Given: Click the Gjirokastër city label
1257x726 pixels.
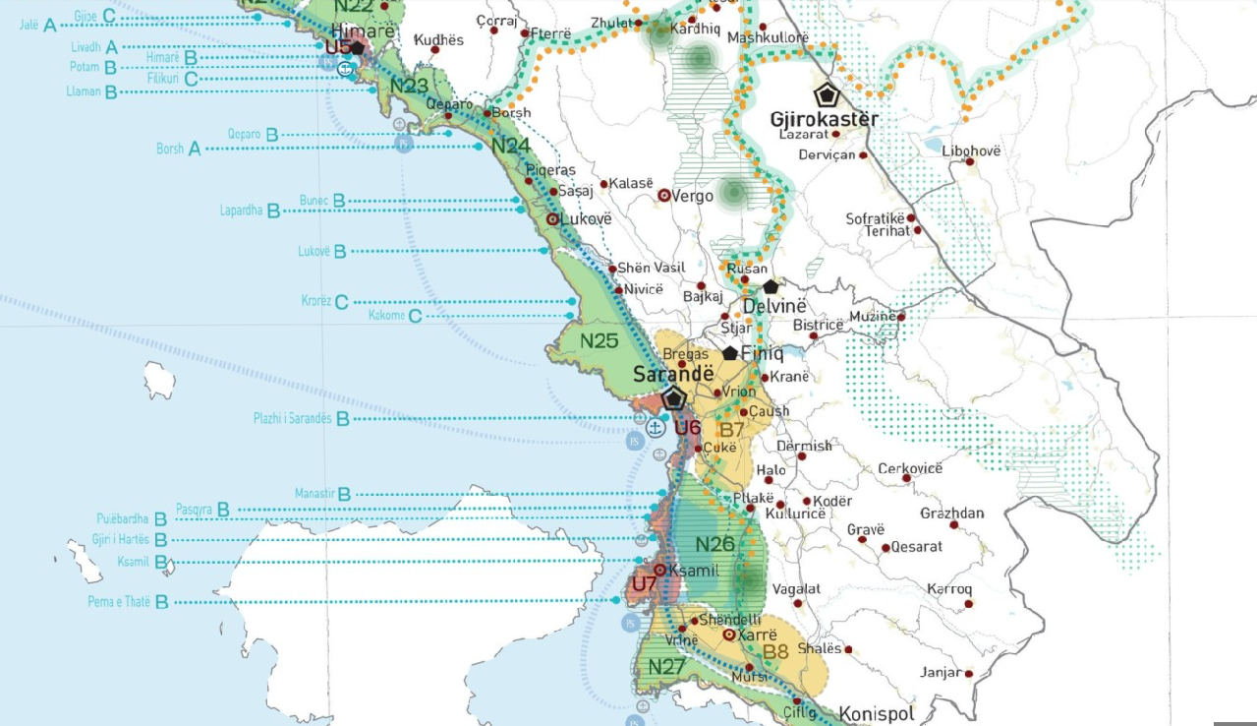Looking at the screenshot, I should [x=824, y=119].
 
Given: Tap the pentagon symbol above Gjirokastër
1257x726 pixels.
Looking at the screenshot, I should [x=828, y=95].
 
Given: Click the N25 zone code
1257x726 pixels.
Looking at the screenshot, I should [x=599, y=341].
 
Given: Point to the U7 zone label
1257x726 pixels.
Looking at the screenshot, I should [x=645, y=584].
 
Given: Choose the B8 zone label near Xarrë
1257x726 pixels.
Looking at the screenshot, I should [x=776, y=651].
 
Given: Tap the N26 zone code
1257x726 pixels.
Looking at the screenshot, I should [x=715, y=544].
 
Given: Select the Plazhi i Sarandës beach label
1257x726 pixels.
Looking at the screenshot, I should [x=292, y=418].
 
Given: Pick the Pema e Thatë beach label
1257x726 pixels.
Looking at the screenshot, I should [x=119, y=602].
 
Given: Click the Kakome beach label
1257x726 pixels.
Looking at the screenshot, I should [x=387, y=316].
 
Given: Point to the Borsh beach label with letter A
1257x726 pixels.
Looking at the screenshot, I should [x=170, y=149].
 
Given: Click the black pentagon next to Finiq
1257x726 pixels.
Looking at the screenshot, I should [x=730, y=353].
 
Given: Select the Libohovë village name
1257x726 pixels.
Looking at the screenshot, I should [x=971, y=151].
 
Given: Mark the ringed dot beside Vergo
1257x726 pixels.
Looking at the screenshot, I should [x=664, y=196].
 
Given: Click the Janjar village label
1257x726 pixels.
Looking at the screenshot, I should [x=940, y=673].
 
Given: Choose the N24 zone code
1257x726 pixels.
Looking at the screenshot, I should [x=511, y=147].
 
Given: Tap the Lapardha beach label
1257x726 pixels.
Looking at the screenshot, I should [x=242, y=210].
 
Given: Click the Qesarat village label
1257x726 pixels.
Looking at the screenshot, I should [x=916, y=547].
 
